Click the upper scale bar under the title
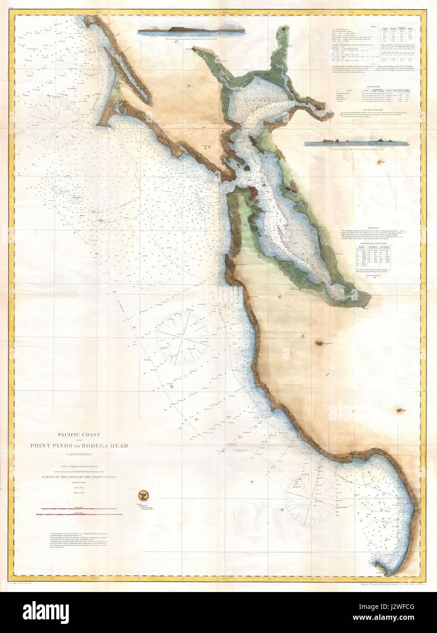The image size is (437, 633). click(78, 509)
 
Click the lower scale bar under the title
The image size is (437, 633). click(79, 515)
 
